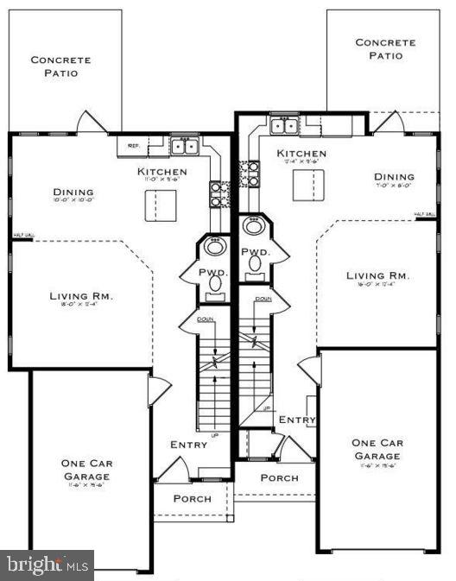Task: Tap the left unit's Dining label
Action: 73,193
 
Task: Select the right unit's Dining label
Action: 393,175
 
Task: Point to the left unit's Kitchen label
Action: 161,172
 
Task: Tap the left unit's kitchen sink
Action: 183,147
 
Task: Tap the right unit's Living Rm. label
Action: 377,276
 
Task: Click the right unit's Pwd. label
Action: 256,252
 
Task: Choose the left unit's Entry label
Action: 188,445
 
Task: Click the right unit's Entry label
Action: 297,420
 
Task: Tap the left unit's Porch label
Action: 192,498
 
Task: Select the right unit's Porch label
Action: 279,477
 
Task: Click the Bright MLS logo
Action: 48,565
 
